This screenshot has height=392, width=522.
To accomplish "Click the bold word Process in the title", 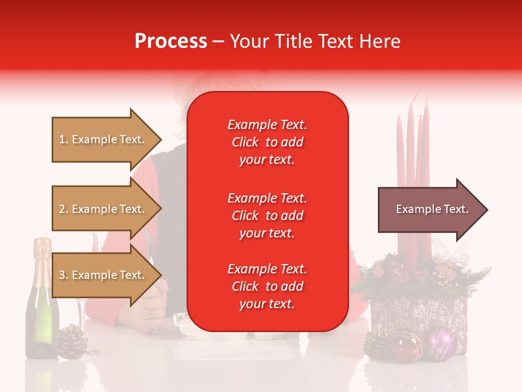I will click(x=171, y=41).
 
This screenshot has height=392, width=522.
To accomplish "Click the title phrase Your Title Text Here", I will click(x=315, y=41).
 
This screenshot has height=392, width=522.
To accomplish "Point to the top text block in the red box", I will click(x=267, y=142).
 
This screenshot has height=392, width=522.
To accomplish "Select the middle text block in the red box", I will click(x=267, y=216).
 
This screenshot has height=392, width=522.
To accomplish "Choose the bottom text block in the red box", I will click(x=267, y=286).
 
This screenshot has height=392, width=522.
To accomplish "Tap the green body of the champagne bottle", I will click(x=41, y=321).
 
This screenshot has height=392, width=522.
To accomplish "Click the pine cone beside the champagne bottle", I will click(x=72, y=341).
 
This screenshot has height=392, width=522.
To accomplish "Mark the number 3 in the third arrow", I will click(x=62, y=275).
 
